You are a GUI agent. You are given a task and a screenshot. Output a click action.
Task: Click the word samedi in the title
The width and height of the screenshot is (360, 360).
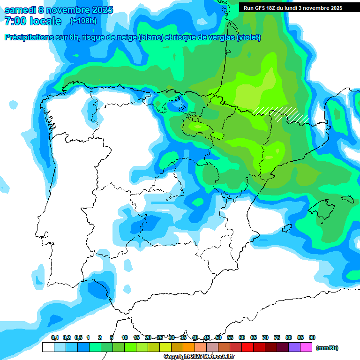point(20,10)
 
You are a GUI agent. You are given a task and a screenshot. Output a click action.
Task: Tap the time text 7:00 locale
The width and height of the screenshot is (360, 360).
point(33,21)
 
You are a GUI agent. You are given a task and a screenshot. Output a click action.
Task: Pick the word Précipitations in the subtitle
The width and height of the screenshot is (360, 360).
point(29,37)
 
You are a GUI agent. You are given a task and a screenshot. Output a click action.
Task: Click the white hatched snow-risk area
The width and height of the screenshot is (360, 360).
point(281,114)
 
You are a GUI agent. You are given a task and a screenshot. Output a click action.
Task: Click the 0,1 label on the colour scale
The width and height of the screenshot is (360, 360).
point(55,338)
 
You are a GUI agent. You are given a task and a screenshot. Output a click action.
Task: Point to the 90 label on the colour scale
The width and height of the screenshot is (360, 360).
point(312,338)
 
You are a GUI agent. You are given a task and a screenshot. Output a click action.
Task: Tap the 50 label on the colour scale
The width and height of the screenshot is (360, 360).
point(218,338)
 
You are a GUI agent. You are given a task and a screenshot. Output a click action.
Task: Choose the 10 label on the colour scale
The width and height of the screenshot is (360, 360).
point(125,338)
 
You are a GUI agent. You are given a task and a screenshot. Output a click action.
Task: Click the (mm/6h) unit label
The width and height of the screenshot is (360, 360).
point(327,348)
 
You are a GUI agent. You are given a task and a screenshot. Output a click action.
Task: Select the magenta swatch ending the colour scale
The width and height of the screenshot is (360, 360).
point(306,347)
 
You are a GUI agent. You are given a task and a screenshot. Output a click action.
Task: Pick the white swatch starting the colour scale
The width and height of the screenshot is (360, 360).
point(48,347)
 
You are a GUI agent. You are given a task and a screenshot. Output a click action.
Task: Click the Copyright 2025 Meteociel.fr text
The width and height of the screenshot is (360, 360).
point(199,357)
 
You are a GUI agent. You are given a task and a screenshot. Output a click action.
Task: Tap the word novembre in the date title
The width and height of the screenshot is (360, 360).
point(66,10)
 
